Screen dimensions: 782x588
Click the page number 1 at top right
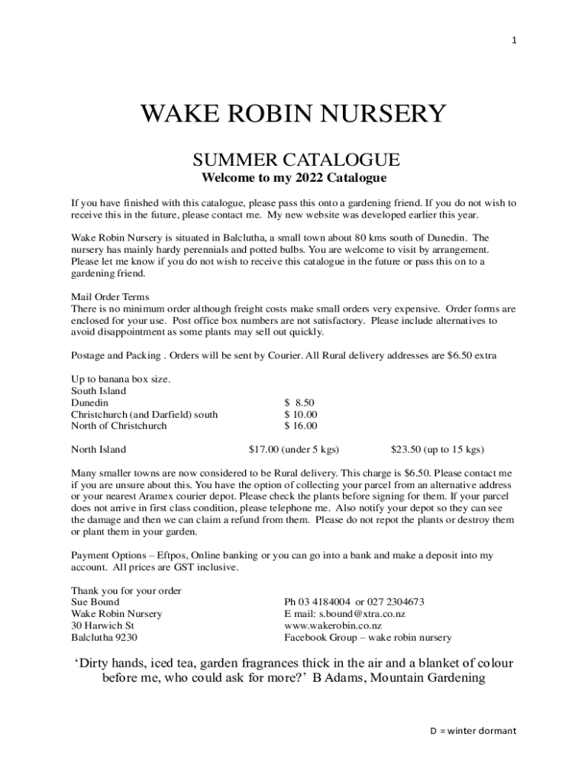pyautogui.click(x=514, y=41)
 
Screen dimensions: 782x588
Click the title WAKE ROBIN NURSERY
pyautogui.click(x=292, y=115)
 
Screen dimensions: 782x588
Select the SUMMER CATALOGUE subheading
pyautogui.click(x=296, y=160)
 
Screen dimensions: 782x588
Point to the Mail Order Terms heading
pyautogui.click(x=110, y=297)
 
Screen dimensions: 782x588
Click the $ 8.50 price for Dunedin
pyautogui.click(x=299, y=402)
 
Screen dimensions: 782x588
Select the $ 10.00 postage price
pyautogui.click(x=301, y=414)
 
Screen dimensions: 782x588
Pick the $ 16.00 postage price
pyautogui.click(x=301, y=425)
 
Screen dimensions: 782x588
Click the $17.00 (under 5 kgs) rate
pyautogui.click(x=294, y=449)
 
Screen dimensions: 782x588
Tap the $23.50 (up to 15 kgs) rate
pyautogui.click(x=437, y=449)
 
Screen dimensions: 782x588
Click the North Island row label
pyautogui.click(x=99, y=449)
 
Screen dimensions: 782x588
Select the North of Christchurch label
pyautogui.click(x=118, y=425)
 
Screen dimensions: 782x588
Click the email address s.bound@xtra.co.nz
pyautogui.click(x=362, y=614)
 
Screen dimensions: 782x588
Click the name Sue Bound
pyautogui.click(x=95, y=603)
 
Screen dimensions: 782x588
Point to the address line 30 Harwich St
pyautogui.click(x=103, y=625)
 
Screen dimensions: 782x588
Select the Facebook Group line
pyautogui.click(x=367, y=637)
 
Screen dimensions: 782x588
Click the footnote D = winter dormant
pyautogui.click(x=472, y=731)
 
